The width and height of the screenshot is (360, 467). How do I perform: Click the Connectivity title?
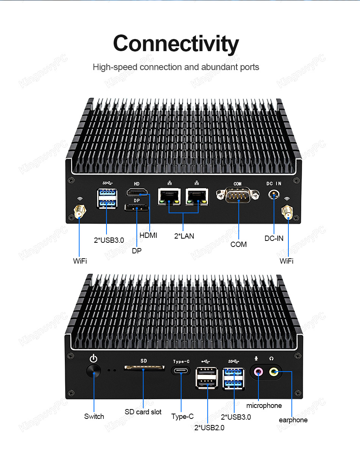coord(176,44)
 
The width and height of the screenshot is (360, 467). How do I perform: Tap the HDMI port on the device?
coord(137,192)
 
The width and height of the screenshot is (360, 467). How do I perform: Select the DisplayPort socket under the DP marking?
coord(136,208)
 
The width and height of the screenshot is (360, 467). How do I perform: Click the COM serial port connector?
coord(238,195)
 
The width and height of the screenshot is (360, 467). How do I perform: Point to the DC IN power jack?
coord(274,195)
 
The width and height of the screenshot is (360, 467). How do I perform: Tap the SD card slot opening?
coord(144,368)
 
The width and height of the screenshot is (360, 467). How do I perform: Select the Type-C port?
coord(181,371)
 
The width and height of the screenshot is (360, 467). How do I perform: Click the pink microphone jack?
coord(258,371)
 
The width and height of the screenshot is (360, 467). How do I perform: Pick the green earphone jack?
coord(274,372)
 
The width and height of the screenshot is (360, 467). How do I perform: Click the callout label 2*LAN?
coord(184,236)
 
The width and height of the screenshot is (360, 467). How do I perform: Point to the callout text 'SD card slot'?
coord(143,412)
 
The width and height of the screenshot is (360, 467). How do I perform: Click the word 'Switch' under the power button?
coord(94,416)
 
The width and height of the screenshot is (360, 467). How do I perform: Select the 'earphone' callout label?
coord(293,420)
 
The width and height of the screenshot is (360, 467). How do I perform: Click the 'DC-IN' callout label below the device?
coord(274,238)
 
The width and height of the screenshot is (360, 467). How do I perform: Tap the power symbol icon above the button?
coord(94,358)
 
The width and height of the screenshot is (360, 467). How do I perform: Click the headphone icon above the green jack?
coord(271,358)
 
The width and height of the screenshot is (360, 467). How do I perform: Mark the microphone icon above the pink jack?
coord(256,358)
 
